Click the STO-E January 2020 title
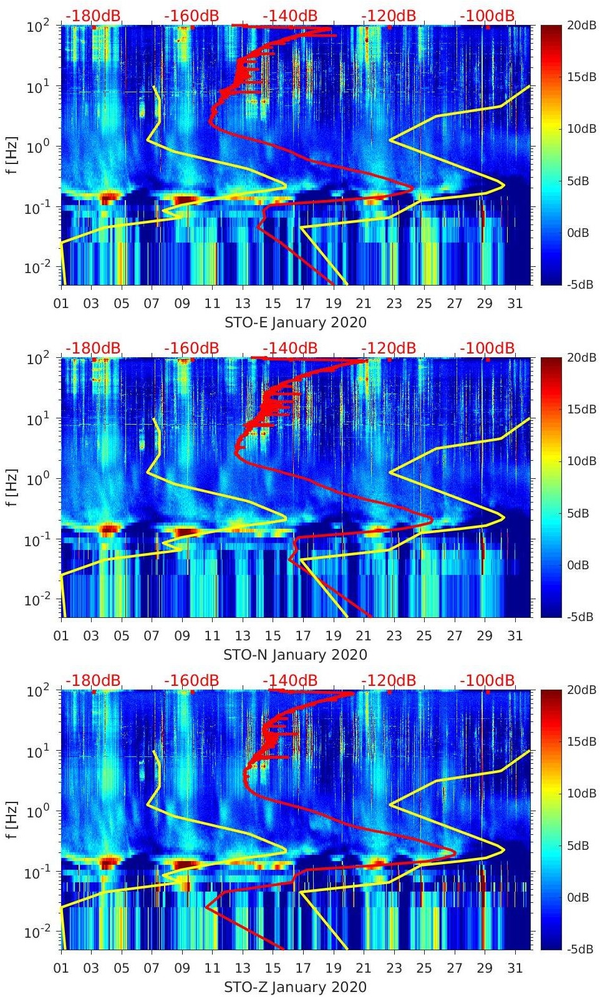[295, 322]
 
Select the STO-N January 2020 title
[295, 655]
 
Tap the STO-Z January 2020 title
[295, 987]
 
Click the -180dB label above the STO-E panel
[93, 16]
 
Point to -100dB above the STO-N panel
[488, 348]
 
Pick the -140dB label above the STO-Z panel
[290, 680]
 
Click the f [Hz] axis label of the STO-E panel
[11, 155]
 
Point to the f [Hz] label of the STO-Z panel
[11, 820]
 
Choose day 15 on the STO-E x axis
[273, 304]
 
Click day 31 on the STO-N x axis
[515, 636]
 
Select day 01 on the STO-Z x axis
[61, 968]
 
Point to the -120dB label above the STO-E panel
[389, 16]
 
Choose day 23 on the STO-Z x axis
[394, 968]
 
